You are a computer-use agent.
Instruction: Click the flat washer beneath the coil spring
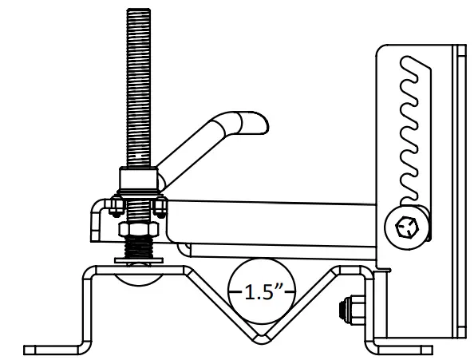pyautogui.click(x=139, y=261)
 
